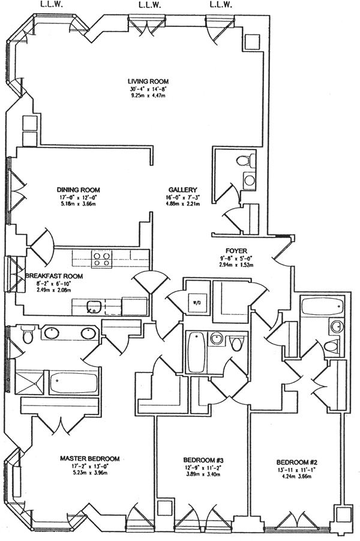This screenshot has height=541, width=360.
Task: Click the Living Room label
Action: (x=148, y=82)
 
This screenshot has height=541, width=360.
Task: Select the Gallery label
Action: (x=179, y=190)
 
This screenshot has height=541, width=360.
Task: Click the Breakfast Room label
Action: (x=54, y=276)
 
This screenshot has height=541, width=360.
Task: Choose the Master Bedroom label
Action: (x=89, y=459)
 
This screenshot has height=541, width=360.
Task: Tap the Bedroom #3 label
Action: (x=202, y=461)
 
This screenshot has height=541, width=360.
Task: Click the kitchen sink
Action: (x=93, y=307)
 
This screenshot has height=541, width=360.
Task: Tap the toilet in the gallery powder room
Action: (x=242, y=161)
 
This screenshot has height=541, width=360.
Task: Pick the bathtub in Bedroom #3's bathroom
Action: (x=196, y=351)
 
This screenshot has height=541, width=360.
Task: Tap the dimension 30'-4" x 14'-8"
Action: (x=148, y=89)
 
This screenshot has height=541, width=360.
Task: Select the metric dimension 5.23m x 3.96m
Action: (x=89, y=474)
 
